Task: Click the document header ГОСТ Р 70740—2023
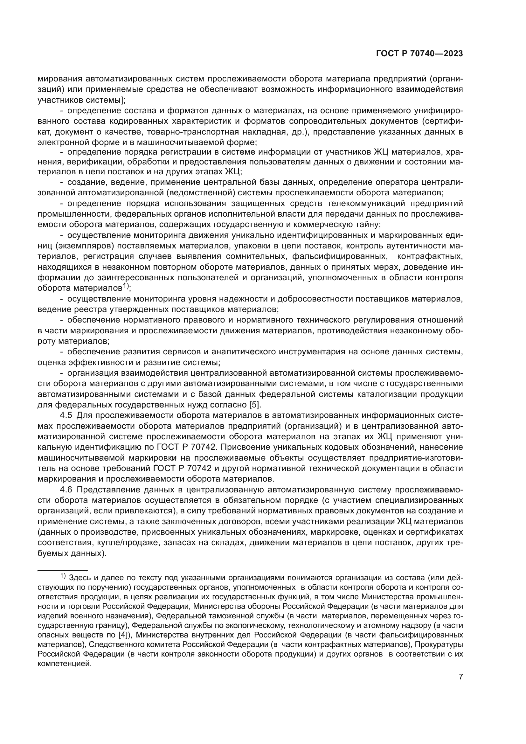pos(419,54)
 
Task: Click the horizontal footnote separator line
pos(63,571)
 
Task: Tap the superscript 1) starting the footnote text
pos(63,576)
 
